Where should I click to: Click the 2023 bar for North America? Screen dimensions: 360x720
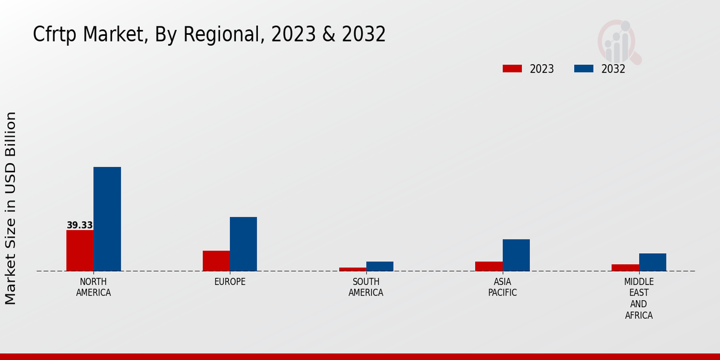tap(80, 251)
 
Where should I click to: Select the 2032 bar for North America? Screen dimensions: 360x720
tap(107, 219)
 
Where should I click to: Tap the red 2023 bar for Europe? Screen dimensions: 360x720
tap(216, 261)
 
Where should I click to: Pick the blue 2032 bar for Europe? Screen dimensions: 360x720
tap(243, 244)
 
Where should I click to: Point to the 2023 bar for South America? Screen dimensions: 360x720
tap(352, 269)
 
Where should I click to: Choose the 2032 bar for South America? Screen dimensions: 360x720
tap(380, 266)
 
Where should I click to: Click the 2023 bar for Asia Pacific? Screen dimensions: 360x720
tap(489, 266)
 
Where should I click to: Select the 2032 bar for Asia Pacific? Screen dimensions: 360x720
tap(516, 255)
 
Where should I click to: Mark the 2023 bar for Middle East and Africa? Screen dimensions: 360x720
tap(625, 268)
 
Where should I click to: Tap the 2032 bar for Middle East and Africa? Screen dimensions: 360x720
tap(652, 262)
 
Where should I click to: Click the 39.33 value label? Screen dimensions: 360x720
tap(80, 226)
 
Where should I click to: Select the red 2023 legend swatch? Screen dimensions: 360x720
tap(512, 69)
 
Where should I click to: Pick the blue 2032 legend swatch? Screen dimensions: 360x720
tap(584, 69)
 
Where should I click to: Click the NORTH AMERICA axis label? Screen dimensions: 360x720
tap(94, 287)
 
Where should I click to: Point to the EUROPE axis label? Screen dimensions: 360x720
tap(230, 282)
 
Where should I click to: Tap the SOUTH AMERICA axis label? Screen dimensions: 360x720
tap(366, 287)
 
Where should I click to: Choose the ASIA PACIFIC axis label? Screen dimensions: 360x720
tap(503, 287)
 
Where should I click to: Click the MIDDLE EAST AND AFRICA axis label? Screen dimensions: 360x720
tap(639, 299)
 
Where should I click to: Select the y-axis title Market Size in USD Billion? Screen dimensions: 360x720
tap(11, 208)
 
